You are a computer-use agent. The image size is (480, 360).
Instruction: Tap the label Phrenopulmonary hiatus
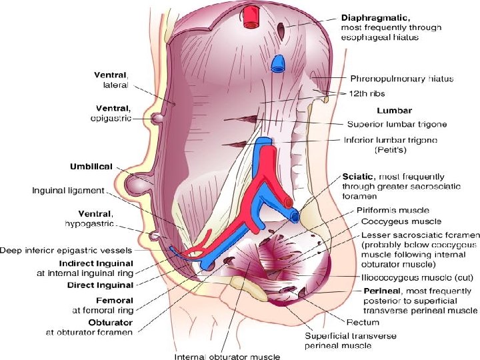tap(402, 79)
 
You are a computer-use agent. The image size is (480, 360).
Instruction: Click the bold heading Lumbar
tap(394, 110)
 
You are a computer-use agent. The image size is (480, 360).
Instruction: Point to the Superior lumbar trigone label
tap(397, 124)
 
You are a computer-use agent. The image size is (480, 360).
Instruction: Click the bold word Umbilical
tap(91, 166)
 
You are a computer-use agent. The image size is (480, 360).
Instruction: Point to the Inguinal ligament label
tap(68, 191)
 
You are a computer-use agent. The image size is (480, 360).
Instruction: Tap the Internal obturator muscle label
tap(227, 357)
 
